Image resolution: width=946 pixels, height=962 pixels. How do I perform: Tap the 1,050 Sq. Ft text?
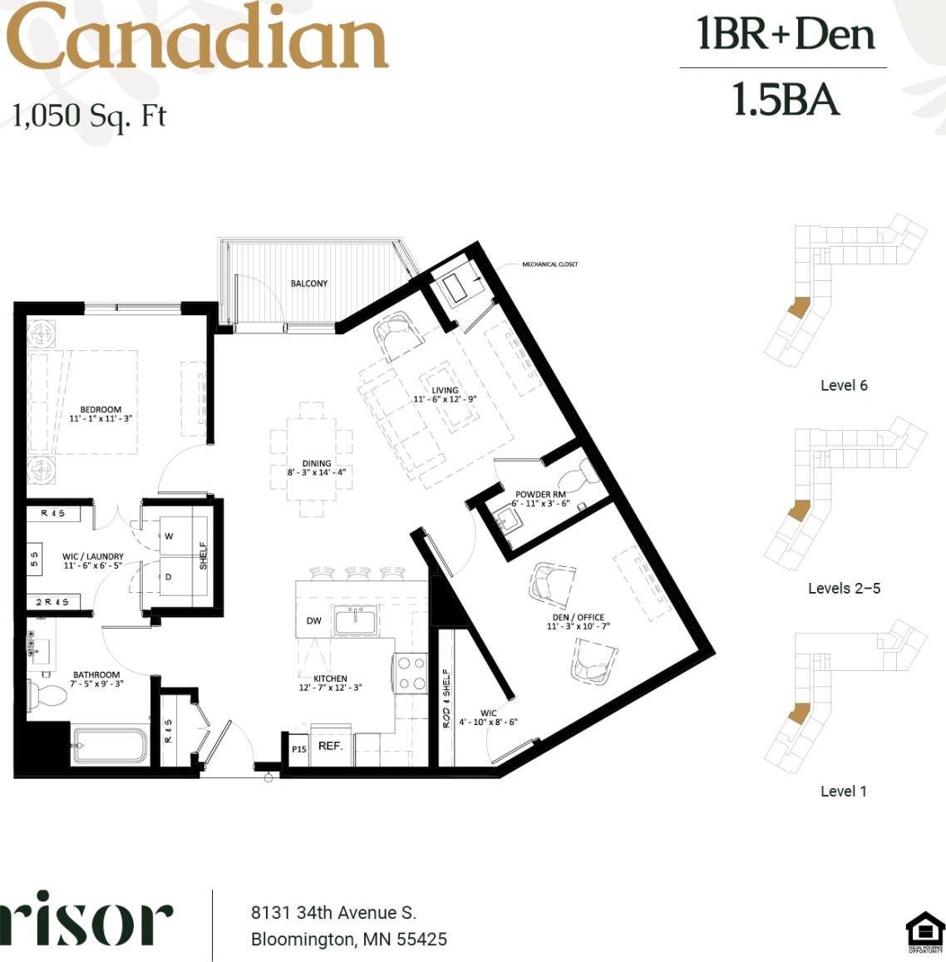(89, 115)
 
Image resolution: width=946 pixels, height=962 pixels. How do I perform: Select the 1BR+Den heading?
(786, 34)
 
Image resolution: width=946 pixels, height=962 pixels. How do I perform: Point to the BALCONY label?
(309, 284)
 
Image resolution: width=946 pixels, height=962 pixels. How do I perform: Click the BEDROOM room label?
(101, 409)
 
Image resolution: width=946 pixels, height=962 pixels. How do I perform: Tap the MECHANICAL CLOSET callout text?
(549, 264)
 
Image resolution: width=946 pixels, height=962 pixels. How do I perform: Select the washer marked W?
(169, 536)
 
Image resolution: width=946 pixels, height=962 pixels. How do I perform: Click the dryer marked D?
(169, 576)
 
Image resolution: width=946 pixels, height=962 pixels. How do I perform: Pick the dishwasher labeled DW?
(313, 620)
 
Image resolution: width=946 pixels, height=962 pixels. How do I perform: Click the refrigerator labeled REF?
(330, 746)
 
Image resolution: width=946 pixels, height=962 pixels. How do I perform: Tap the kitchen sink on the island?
(356, 620)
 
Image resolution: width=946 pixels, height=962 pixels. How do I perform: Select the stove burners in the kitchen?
(410, 673)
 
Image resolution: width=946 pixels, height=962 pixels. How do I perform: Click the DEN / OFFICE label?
(578, 617)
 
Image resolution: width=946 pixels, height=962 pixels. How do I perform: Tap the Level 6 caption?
(844, 385)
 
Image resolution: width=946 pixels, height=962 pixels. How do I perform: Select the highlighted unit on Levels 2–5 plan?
(798, 510)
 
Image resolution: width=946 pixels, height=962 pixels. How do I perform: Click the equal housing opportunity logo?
(924, 931)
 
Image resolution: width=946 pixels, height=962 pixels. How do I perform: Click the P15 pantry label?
(298, 748)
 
